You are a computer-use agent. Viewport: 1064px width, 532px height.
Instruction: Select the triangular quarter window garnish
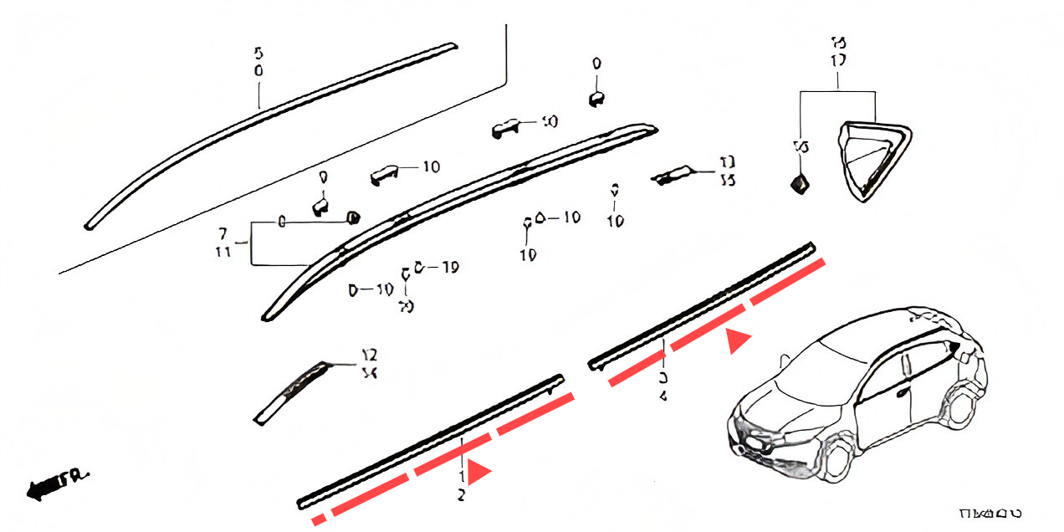click(x=873, y=159)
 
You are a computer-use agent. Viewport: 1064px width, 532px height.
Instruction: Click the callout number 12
click(x=369, y=355)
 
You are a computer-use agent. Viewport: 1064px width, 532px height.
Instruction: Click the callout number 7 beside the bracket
click(x=223, y=232)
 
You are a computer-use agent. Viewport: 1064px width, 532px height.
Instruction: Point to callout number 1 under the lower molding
click(x=461, y=475)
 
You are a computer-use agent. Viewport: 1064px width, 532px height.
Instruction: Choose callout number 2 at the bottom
click(x=461, y=495)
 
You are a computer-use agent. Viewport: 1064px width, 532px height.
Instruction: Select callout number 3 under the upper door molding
click(x=662, y=376)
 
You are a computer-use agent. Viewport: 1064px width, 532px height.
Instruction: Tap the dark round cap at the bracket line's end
click(x=353, y=218)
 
